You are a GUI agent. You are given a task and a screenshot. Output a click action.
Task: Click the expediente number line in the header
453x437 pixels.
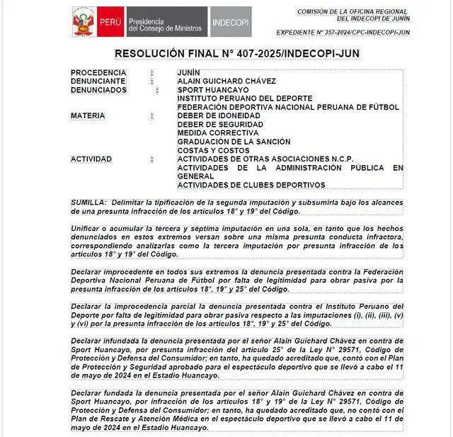tap(343, 33)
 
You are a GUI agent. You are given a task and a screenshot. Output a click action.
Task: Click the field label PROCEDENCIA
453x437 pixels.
tap(98, 73)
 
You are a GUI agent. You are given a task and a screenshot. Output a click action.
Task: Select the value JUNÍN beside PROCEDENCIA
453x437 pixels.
tap(189, 73)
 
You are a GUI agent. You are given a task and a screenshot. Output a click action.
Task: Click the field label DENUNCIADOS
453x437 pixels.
tap(98, 90)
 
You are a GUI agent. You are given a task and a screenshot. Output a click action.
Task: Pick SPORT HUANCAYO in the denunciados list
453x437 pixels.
tap(212, 90)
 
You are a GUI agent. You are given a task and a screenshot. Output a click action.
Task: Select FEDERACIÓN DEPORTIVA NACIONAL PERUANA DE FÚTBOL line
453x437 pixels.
tap(288, 108)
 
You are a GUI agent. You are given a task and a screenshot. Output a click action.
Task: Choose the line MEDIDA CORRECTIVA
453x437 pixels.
tap(218, 133)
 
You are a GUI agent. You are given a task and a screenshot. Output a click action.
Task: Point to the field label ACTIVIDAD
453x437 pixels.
tap(91, 159)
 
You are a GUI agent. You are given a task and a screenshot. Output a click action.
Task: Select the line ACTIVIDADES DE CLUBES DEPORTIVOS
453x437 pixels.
tap(251, 185)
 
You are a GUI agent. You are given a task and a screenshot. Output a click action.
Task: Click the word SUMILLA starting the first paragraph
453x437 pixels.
tap(88, 202)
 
